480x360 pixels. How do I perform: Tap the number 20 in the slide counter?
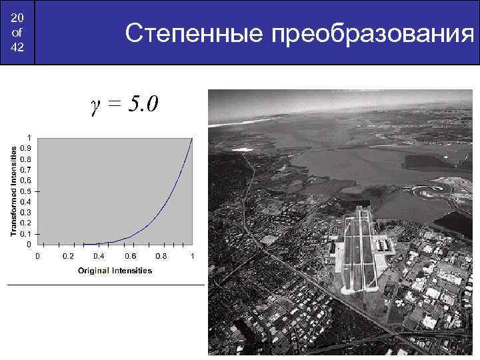(x=17, y=17)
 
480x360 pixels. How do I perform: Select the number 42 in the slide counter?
(x=17, y=47)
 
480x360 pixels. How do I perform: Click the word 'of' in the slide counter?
(x=17, y=32)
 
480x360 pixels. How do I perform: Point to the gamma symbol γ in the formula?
(x=95, y=104)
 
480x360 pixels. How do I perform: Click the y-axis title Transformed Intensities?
(x=13, y=191)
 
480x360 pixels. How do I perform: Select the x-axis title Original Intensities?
(x=115, y=270)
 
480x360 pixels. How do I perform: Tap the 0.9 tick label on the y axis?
(x=25, y=148)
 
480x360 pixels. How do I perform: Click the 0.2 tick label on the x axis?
(x=68, y=256)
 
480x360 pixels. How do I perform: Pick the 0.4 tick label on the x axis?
(x=99, y=256)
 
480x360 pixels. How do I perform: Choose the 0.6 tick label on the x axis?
(x=130, y=256)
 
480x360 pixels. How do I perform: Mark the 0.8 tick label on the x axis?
(x=161, y=256)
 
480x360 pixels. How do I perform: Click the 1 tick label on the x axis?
(x=192, y=256)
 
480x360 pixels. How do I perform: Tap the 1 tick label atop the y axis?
(x=28, y=137)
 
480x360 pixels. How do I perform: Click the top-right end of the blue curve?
(x=192, y=139)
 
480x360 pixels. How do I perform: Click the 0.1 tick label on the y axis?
(x=25, y=233)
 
